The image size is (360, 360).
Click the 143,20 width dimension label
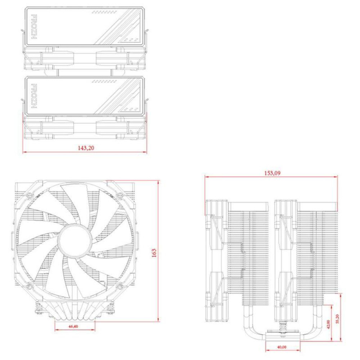click(x=86, y=148)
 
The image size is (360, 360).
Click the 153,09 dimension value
click(x=272, y=173)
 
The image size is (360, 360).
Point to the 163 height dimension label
click(x=154, y=253)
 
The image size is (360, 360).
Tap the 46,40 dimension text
click(x=73, y=326)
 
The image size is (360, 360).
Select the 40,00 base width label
click(x=282, y=347)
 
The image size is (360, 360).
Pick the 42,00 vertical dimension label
click(x=328, y=324)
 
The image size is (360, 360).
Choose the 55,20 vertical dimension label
click(x=337, y=319)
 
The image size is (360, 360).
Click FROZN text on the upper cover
click(x=33, y=27)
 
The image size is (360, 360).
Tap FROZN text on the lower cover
click(x=33, y=96)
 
